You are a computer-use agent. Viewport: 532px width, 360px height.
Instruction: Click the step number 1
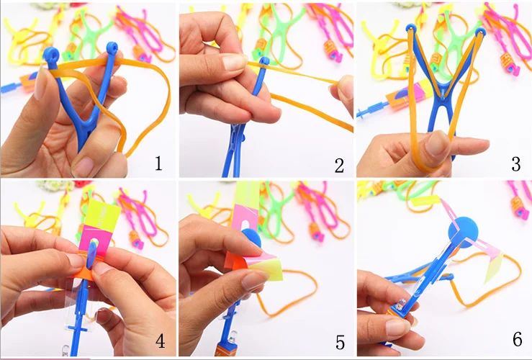(x=158, y=163)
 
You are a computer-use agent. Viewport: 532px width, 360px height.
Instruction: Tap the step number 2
(x=339, y=166)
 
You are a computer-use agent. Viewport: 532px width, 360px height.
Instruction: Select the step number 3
(x=515, y=164)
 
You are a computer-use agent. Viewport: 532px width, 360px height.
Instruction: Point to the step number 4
(x=160, y=341)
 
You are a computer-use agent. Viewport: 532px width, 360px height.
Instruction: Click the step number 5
(x=340, y=342)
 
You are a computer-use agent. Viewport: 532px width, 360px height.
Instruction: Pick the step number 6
(x=517, y=339)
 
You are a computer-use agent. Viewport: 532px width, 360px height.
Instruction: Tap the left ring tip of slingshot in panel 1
(x=52, y=54)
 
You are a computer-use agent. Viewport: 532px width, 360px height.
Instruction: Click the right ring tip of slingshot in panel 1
(x=112, y=48)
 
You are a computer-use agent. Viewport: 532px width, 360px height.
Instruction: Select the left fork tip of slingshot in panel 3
(x=412, y=28)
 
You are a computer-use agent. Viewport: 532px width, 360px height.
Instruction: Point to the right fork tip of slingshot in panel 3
(x=480, y=32)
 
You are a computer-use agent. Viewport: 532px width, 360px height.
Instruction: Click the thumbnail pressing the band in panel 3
(x=438, y=143)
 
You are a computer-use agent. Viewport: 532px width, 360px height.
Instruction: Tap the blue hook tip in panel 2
(x=264, y=61)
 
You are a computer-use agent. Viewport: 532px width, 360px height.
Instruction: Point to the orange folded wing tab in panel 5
(x=237, y=261)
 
